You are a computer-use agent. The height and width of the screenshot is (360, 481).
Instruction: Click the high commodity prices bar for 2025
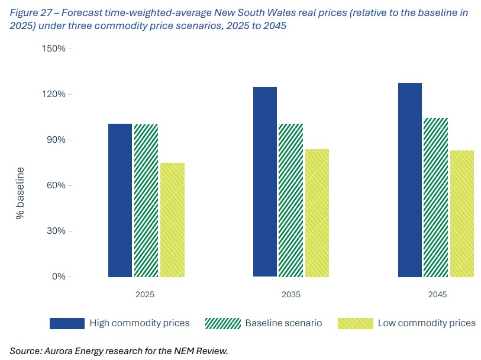[120, 200]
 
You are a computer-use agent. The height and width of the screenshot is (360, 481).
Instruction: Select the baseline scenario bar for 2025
[146, 201]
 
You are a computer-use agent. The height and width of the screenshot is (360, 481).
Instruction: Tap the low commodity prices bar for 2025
[172, 220]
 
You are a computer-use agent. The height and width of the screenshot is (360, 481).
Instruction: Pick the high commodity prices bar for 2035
[264, 182]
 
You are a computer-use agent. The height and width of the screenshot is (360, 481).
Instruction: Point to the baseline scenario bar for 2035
[290, 200]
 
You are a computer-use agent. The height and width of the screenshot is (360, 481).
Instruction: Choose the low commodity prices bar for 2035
[317, 213]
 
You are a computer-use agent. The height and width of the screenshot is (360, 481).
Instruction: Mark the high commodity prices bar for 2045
[409, 180]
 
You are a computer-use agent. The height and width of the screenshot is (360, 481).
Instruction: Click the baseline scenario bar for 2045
[435, 197]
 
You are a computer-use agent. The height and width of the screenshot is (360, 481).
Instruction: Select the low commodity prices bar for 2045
[462, 214]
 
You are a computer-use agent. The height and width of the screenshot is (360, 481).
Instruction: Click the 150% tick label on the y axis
[53, 49]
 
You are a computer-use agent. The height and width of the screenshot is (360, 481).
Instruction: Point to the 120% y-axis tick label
[53, 94]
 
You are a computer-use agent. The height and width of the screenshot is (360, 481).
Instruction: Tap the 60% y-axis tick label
[56, 185]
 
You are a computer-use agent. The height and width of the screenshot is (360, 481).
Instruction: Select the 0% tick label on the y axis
[58, 277]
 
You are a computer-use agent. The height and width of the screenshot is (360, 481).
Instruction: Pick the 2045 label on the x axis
[436, 294]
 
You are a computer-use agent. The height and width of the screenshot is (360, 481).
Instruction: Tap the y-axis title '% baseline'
[20, 194]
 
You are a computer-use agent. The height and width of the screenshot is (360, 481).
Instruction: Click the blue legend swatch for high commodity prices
[67, 323]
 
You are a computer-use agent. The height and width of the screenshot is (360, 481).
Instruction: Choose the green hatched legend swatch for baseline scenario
[222, 323]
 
